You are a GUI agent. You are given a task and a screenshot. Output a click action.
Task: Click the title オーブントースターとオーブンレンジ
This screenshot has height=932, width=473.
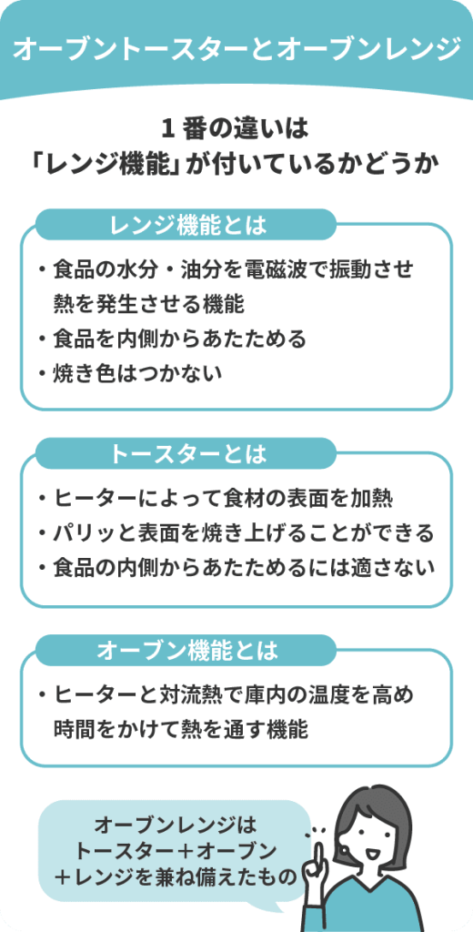point(236,49)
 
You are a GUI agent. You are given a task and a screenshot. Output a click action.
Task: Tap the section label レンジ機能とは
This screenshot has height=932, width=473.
point(187,225)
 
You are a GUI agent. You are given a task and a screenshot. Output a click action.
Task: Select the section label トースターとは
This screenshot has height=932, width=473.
point(187,454)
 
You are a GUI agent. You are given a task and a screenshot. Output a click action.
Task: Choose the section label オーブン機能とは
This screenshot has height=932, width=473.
point(187,651)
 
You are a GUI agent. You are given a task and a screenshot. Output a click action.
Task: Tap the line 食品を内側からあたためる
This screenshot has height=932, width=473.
point(179,339)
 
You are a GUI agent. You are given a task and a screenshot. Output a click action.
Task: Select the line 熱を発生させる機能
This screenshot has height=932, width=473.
point(148,304)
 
